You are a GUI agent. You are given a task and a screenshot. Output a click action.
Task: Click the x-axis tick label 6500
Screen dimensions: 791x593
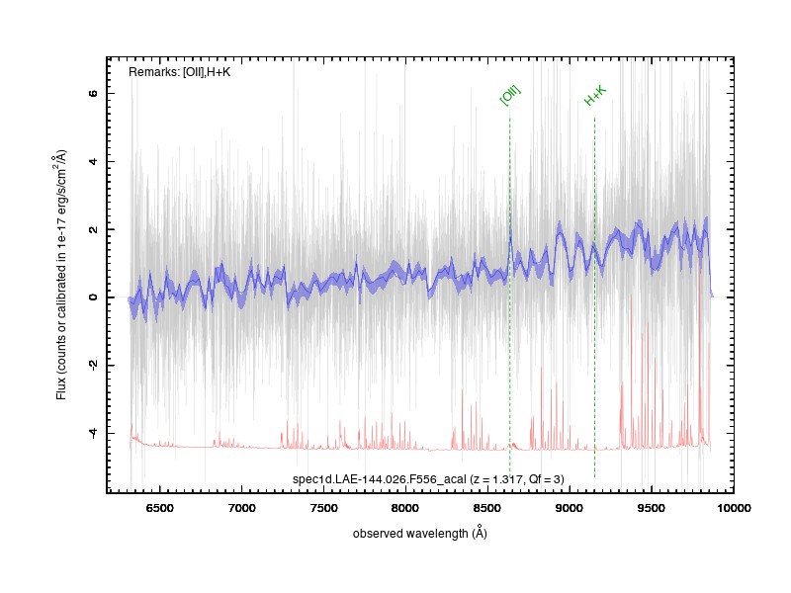click(159, 508)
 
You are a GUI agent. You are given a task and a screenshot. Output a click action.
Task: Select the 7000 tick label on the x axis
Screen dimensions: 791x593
click(241, 508)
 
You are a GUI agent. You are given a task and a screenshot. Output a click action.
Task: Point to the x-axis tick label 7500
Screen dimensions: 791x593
click(323, 508)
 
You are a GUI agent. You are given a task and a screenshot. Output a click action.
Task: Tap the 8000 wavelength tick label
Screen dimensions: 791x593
click(405, 508)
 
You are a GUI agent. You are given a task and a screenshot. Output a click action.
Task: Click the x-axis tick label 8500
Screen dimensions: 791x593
click(487, 508)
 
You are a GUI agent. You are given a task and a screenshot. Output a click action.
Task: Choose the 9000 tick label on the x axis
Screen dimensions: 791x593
click(570, 508)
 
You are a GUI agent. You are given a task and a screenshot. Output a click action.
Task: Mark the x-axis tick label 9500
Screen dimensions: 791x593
click(652, 508)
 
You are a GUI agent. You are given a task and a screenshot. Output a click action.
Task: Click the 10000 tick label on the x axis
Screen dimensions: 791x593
click(733, 508)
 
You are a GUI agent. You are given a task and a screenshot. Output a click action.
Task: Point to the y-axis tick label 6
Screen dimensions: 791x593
click(93, 93)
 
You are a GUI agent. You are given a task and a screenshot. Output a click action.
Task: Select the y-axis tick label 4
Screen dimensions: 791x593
click(93, 161)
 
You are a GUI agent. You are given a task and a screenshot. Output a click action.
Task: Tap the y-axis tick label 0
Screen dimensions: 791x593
click(93, 297)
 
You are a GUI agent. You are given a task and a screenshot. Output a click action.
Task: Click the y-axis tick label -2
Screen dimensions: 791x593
click(93, 365)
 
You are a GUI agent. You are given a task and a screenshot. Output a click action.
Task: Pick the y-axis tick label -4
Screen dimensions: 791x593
click(93, 433)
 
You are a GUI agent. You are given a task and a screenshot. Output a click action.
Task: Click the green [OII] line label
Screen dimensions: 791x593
click(510, 95)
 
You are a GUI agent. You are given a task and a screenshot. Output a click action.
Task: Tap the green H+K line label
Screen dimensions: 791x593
click(595, 96)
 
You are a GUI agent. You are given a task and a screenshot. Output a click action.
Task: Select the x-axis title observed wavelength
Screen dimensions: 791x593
click(419, 533)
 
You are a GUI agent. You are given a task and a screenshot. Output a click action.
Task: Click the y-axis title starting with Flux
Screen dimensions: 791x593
click(61, 275)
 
